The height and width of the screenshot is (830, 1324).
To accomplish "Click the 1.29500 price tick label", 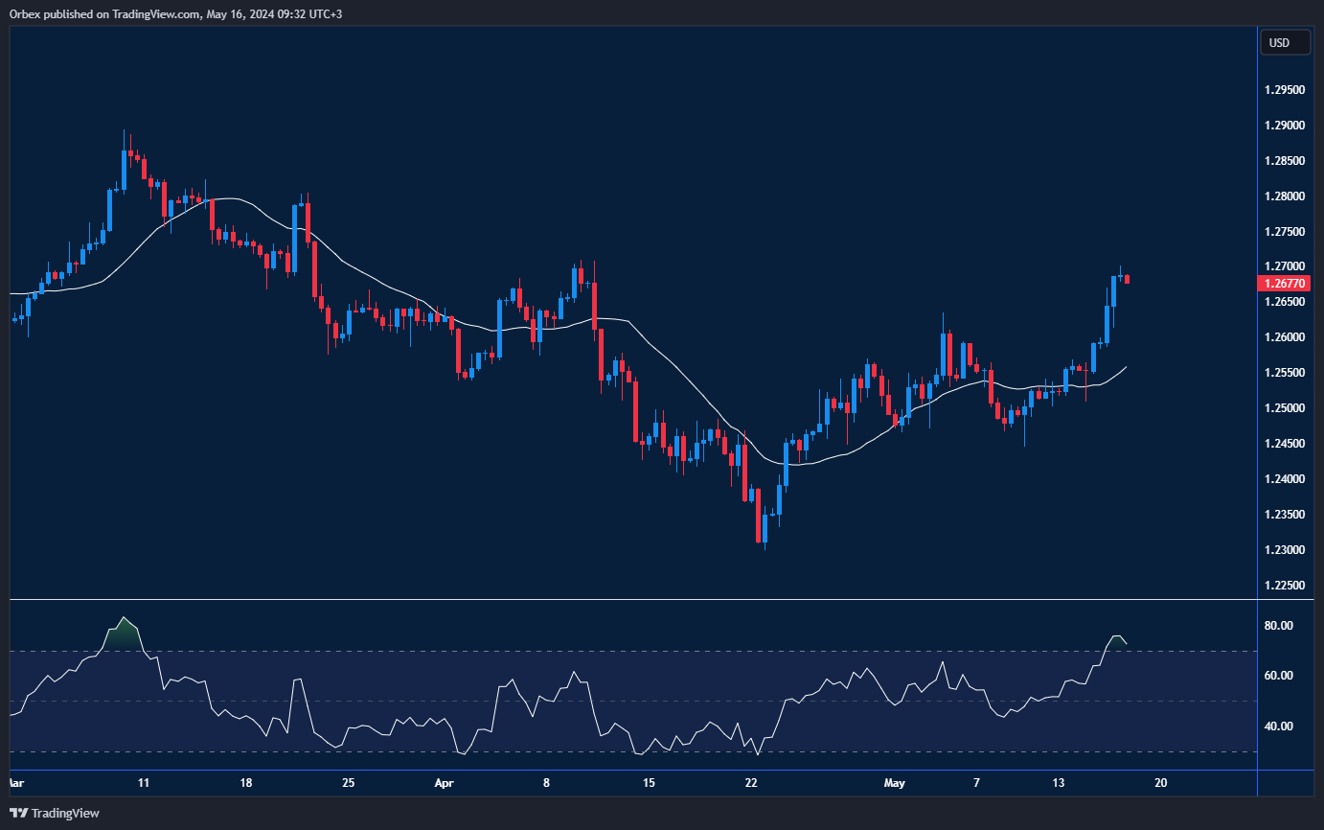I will [x=1285, y=90].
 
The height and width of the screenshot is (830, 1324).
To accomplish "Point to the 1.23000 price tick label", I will [x=1285, y=550].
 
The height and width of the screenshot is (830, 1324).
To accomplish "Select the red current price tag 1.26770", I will [x=1285, y=283].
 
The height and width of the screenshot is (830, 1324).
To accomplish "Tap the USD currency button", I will [x=1279, y=42].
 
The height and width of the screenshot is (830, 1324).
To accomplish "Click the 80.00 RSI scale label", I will [x=1280, y=626].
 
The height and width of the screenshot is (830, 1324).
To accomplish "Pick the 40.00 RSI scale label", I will [x=1280, y=726].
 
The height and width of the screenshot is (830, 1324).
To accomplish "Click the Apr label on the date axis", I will [x=444, y=783].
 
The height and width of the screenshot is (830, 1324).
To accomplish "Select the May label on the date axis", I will [x=894, y=783].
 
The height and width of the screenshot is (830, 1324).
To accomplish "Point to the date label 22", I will [x=751, y=783].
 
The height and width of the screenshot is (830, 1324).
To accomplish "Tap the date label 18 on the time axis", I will [x=246, y=783].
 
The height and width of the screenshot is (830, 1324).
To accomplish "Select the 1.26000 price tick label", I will [x=1285, y=337].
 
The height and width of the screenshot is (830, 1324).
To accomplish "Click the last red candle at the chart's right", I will [x=1128, y=279].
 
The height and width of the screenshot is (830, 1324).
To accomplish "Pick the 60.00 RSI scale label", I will [x=1280, y=676].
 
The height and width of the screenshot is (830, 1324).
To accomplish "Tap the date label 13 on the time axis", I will [x=1059, y=783].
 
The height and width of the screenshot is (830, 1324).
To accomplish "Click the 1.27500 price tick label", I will [x=1285, y=231].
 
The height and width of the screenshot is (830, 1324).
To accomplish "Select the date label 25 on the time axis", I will [x=348, y=783].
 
